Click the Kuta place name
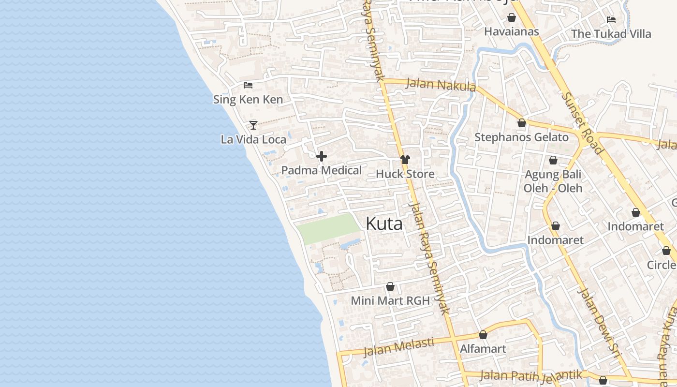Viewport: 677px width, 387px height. tap(384, 224)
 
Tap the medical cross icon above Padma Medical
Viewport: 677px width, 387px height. tap(322, 156)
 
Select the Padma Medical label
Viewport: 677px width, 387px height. tap(321, 170)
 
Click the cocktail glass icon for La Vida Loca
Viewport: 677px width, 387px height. tap(253, 125)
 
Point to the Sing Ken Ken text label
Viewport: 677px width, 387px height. tap(248, 100)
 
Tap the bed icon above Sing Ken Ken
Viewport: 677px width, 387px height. tap(248, 85)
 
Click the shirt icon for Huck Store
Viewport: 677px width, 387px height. tap(405, 160)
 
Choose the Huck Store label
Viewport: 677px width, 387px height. tap(405, 174)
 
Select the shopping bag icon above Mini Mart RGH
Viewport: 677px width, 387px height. tap(390, 286)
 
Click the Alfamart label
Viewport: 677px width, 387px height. tap(483, 349)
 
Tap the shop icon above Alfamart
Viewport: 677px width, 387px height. tap(483, 335)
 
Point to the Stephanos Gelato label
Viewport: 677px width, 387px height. tap(521, 137)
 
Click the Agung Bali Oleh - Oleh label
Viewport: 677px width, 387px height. tap(553, 181)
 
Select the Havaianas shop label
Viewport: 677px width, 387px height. tap(511, 32)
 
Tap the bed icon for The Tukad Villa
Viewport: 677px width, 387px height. tap(611, 20)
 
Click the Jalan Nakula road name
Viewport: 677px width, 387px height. tap(441, 85)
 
